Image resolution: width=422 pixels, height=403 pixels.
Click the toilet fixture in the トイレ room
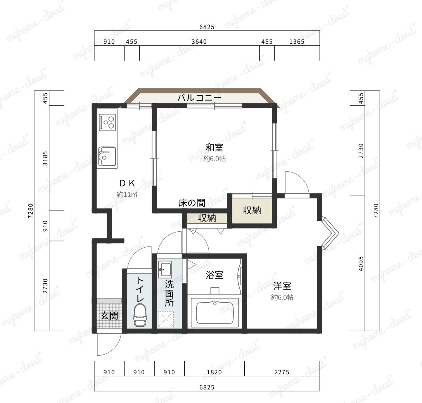(x=140, y=315)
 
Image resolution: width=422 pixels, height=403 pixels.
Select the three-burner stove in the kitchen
(x=107, y=122)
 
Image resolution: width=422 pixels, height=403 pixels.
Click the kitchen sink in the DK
(x=107, y=157)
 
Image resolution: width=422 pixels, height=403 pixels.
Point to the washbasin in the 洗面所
(x=165, y=269)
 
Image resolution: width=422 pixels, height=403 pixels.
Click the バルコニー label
(x=199, y=98)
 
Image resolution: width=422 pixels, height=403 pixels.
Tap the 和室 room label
(x=214, y=147)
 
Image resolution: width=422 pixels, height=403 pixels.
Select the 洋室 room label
(x=282, y=286)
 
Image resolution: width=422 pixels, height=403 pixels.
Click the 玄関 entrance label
(x=109, y=316)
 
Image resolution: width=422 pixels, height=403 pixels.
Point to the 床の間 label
(x=192, y=203)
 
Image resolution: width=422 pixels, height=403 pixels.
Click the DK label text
(x=127, y=183)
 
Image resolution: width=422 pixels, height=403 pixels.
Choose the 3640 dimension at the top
(x=199, y=42)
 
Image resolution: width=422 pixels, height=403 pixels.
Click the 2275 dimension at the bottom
(x=282, y=372)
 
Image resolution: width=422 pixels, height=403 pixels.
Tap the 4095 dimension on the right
(x=361, y=263)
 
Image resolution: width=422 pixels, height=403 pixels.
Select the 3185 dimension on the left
(x=45, y=158)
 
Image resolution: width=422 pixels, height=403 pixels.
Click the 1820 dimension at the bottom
(x=214, y=372)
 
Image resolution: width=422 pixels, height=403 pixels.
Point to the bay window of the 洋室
(x=329, y=233)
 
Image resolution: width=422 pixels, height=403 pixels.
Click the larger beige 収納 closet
(x=252, y=210)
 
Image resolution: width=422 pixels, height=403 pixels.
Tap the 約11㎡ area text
(x=127, y=194)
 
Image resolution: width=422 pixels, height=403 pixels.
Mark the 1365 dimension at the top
(x=297, y=42)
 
